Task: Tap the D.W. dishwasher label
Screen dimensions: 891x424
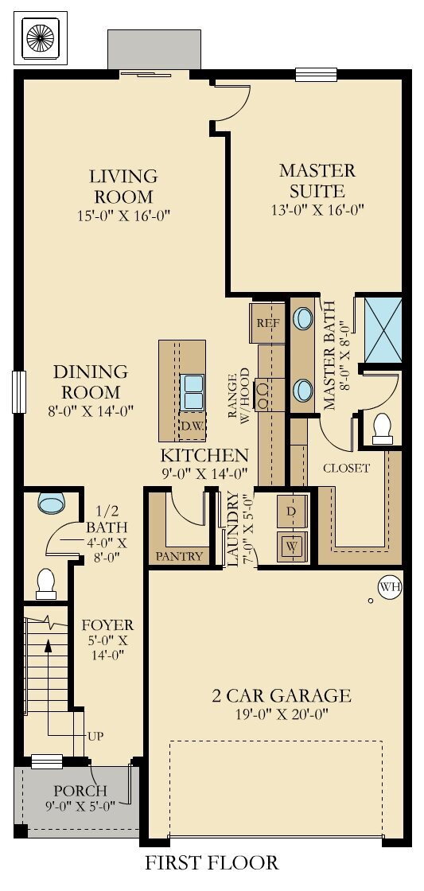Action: (191, 426)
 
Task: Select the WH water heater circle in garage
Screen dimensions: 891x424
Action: (389, 587)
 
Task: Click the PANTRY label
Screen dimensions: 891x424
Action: (180, 556)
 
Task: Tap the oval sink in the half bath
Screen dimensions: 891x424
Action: (52, 504)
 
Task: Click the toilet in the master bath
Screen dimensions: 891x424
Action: (383, 427)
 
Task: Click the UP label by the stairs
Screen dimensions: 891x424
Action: (95, 734)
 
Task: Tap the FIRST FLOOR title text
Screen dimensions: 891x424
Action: (212, 862)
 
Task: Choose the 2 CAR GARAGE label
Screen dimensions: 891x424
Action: (270, 696)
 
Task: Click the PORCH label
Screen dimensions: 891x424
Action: (80, 791)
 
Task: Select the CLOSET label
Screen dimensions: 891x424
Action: (346, 468)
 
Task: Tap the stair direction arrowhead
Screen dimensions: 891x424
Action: (49, 645)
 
